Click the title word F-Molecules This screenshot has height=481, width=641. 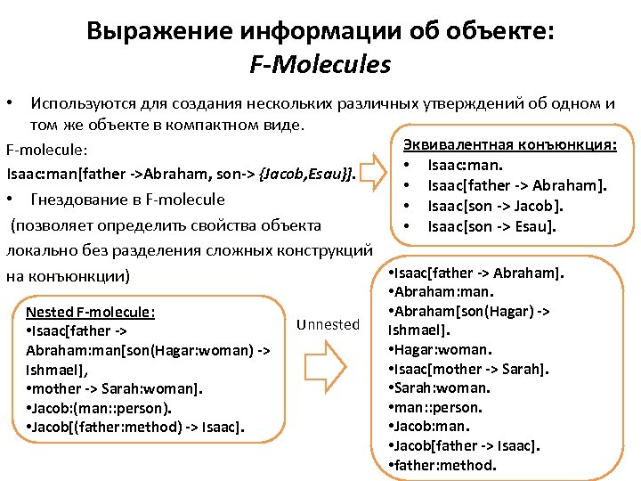(x=320, y=65)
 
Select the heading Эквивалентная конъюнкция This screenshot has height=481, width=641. (x=510, y=144)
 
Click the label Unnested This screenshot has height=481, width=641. (x=329, y=324)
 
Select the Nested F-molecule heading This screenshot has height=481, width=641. (x=91, y=312)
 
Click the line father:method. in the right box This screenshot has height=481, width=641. (x=442, y=465)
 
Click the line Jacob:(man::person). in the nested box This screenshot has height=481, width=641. (x=100, y=408)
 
